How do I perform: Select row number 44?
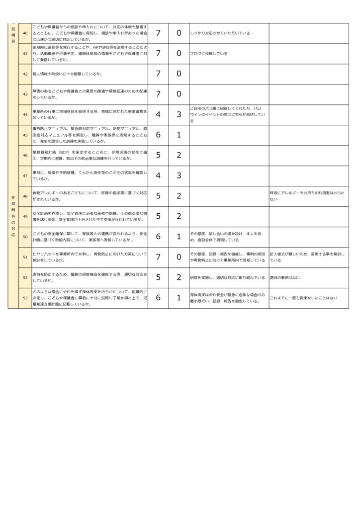pyautogui.click(x=25, y=114)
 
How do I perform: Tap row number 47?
pyautogui.click(x=25, y=175)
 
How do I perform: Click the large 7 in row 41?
pyautogui.click(x=158, y=53)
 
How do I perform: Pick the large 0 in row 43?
pyautogui.click(x=179, y=94)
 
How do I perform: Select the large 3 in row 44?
pyautogui.click(x=179, y=114)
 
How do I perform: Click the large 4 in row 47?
pyautogui.click(x=158, y=175)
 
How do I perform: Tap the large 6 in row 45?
pyautogui.click(x=158, y=135)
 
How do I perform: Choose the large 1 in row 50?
pyautogui.click(x=179, y=237)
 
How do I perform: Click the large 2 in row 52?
pyautogui.click(x=179, y=277)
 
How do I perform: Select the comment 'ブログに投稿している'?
pyautogui.click(x=209, y=53)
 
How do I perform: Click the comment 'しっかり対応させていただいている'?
pyautogui.click(x=220, y=33)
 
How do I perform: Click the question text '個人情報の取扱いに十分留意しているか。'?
pyautogui.click(x=68, y=74)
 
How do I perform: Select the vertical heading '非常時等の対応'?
pyautogui.click(x=13, y=216)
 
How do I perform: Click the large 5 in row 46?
pyautogui.click(x=158, y=155)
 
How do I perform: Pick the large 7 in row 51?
pyautogui.click(x=158, y=257)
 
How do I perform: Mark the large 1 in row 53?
pyautogui.click(x=179, y=298)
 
